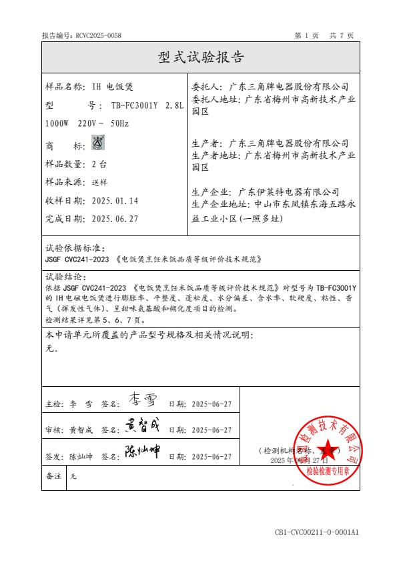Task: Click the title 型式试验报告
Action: pos(201,57)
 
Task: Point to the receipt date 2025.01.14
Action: pos(115,200)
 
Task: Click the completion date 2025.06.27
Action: pos(115,218)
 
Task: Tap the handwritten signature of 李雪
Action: pos(141,401)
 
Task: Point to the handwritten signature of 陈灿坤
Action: pos(142,453)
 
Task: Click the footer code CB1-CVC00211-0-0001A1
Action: pos(316,532)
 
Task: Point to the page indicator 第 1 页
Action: pos(306,35)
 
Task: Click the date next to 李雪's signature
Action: pos(211,404)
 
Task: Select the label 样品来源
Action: pos(65,181)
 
